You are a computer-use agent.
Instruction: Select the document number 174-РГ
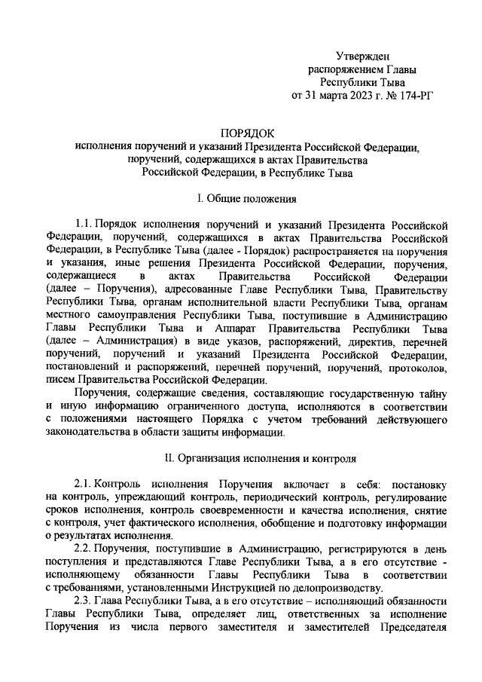(x=412, y=96)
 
